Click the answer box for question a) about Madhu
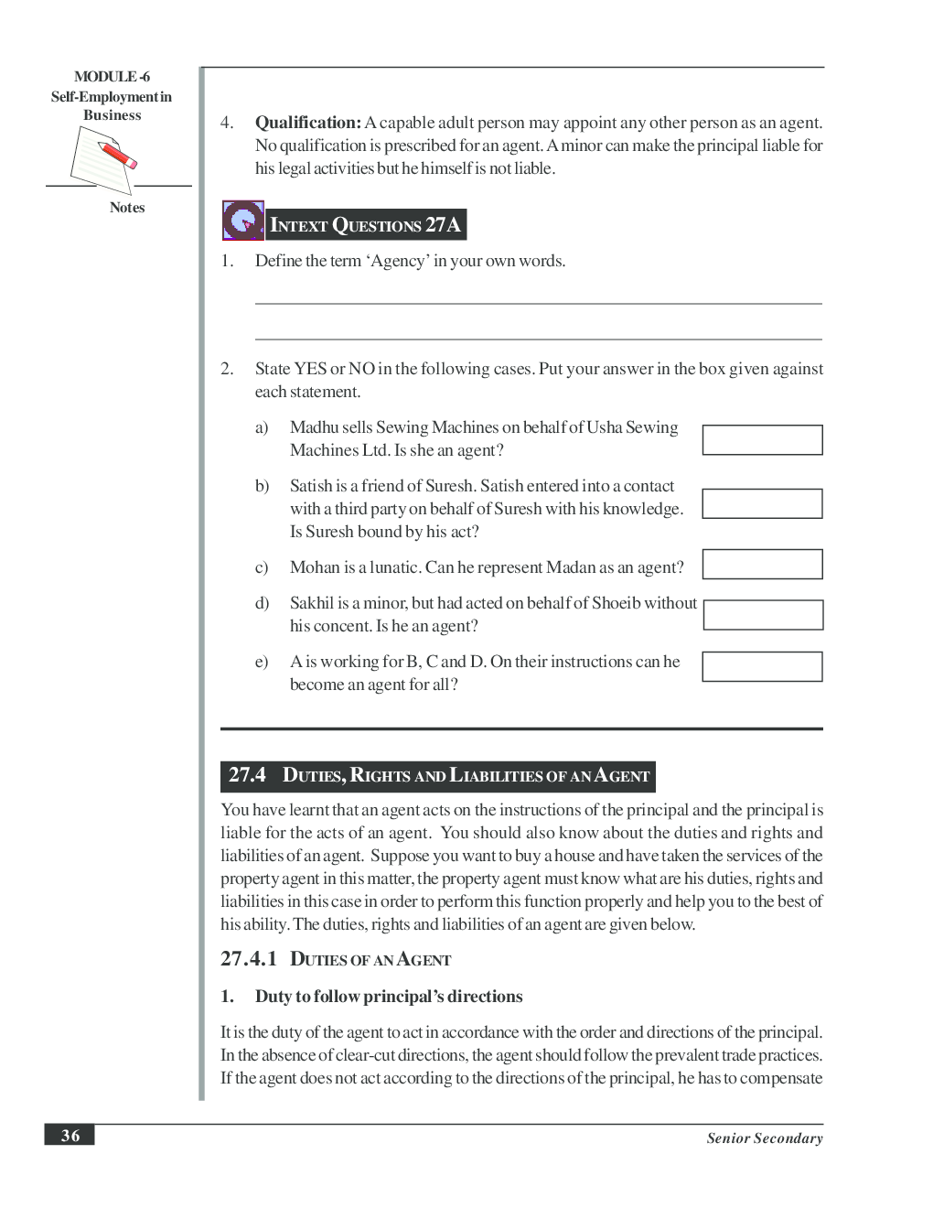[x=762, y=440]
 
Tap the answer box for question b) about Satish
[x=762, y=504]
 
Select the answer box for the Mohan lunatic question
[x=762, y=565]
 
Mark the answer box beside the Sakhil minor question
[x=763, y=615]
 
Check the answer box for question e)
[x=762, y=667]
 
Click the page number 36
[x=70, y=1136]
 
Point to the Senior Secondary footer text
[x=764, y=1138]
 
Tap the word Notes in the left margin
[x=127, y=208]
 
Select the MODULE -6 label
[x=112, y=77]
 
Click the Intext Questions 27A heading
[x=366, y=225]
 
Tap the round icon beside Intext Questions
[x=243, y=221]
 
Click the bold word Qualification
[x=308, y=123]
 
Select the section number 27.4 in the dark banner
[x=247, y=775]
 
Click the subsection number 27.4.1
[x=248, y=959]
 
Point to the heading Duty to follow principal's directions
[x=389, y=997]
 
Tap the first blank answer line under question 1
[x=538, y=302]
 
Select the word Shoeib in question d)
[x=616, y=603]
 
